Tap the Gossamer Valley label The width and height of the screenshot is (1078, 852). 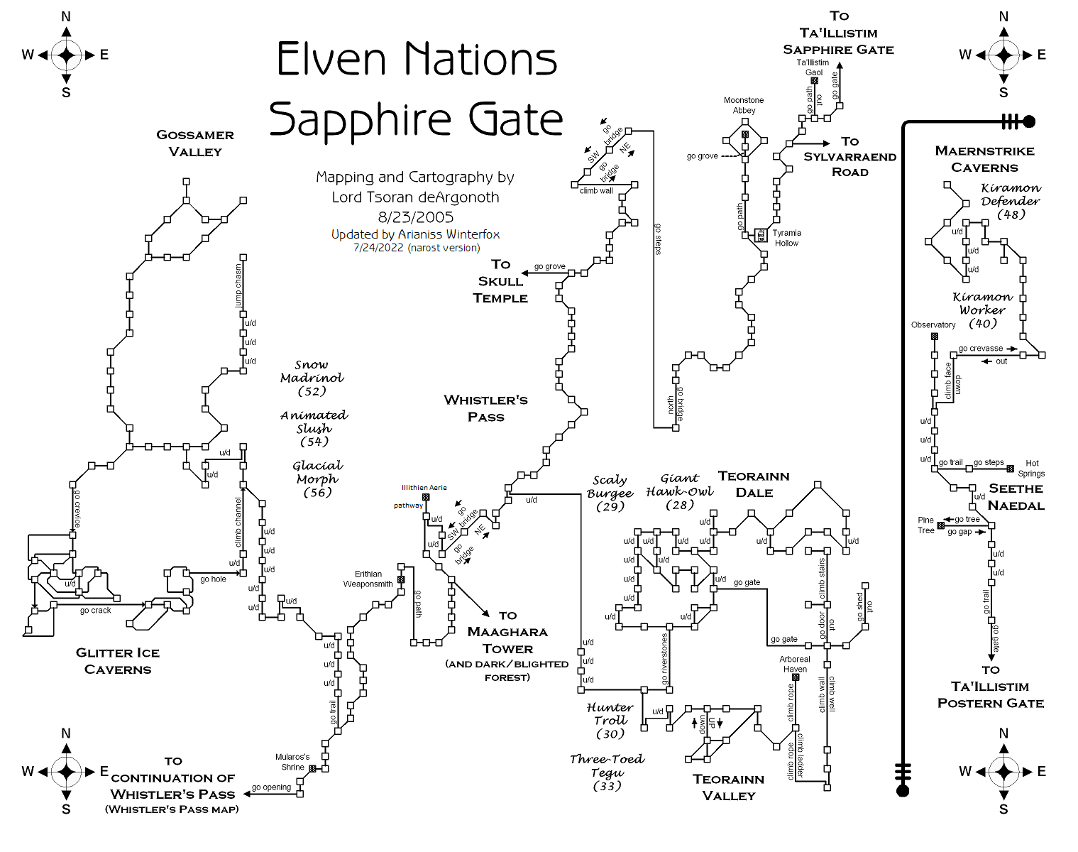[195, 143]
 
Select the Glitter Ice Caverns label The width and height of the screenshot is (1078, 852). [118, 661]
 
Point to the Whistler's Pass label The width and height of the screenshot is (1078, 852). [485, 408]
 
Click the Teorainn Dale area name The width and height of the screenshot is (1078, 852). [754, 484]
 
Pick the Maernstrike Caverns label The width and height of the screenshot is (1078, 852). [984, 159]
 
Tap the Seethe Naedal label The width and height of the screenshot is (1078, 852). [1016, 497]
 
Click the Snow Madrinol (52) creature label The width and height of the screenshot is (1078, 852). [312, 378]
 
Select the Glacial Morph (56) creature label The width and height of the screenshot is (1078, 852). [317, 479]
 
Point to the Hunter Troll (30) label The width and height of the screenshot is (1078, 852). [610, 721]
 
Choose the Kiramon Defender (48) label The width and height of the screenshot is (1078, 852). [1011, 201]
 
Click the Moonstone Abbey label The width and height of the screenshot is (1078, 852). [744, 105]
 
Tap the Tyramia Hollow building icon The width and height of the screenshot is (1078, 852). [761, 235]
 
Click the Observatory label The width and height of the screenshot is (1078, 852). [933, 325]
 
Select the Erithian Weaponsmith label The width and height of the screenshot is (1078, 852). [368, 579]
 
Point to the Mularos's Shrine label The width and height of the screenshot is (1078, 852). [292, 762]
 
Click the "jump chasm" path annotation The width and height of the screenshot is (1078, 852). [238, 286]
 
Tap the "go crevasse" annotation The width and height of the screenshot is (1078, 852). [980, 349]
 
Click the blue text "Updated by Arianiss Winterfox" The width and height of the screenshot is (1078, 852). [415, 234]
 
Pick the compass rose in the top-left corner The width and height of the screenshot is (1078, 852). [66, 55]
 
